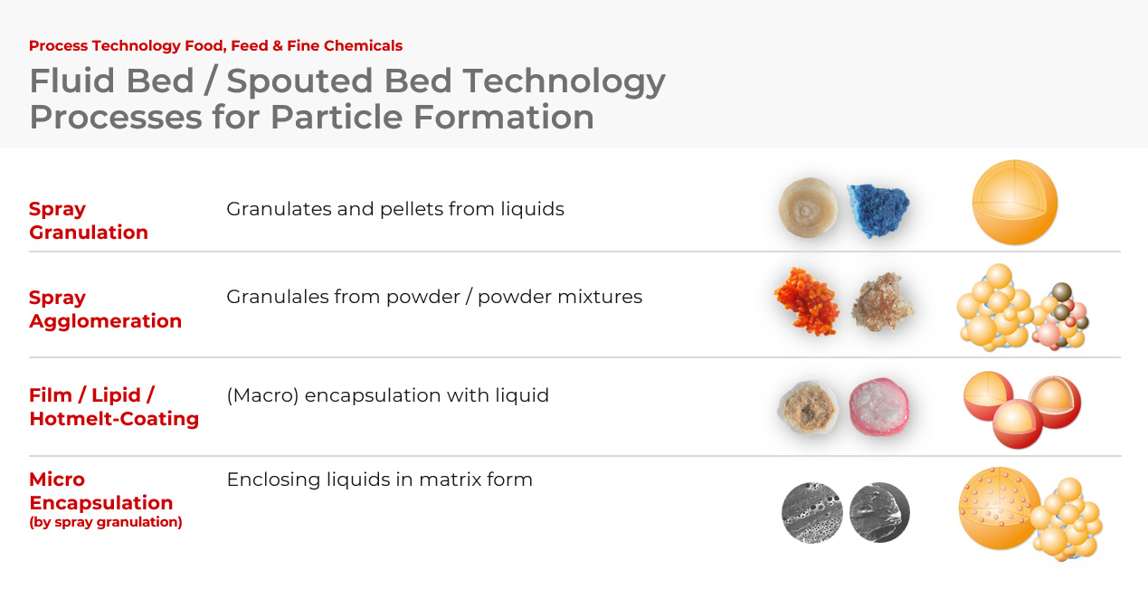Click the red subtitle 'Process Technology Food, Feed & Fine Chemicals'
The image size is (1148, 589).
click(215, 45)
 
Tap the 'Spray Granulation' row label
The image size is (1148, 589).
click(88, 221)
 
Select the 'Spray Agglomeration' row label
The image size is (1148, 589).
click(105, 309)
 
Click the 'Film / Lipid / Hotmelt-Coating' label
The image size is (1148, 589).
click(114, 407)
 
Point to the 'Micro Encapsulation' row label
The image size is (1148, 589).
click(100, 491)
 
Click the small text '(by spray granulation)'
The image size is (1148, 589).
click(105, 522)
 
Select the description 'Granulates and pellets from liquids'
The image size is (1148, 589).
click(394, 209)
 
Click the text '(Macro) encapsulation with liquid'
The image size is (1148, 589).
click(387, 395)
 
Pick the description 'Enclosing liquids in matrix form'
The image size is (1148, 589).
click(379, 480)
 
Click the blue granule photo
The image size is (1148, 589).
click(878, 210)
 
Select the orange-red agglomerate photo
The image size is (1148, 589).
click(806, 299)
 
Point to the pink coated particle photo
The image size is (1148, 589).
click(879, 406)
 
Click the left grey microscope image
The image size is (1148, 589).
click(811, 513)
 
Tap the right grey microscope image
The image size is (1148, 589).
click(879, 513)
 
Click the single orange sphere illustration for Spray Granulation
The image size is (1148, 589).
click(1014, 203)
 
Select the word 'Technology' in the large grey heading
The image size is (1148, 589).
click(564, 81)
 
